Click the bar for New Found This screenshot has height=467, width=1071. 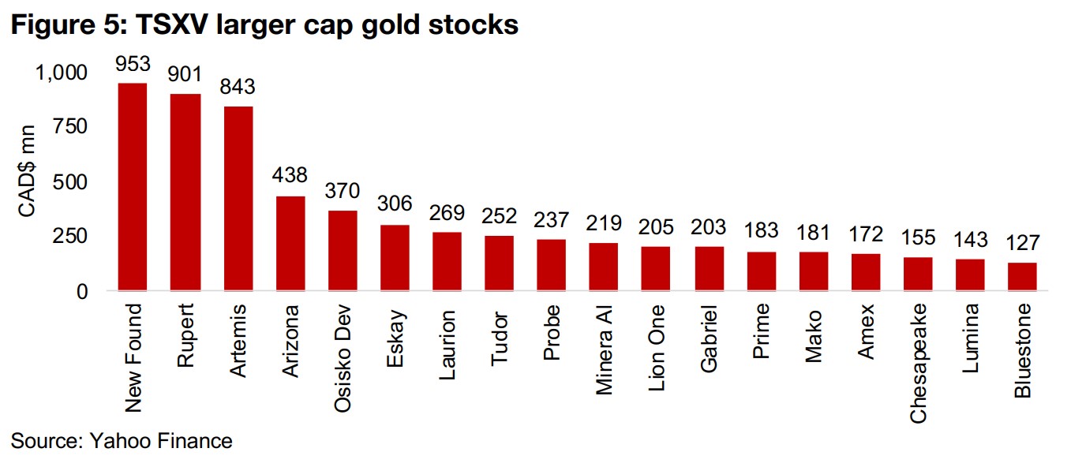pos(133,187)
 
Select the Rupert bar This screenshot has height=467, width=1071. pos(185,192)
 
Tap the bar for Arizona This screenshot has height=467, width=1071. pos(290,243)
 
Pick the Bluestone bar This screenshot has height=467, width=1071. pos(1022,276)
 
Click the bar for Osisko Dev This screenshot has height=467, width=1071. pos(343,250)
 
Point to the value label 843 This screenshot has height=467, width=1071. pos(238,87)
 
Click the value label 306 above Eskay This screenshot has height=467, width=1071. pos(395,204)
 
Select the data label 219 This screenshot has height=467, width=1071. pos(604,223)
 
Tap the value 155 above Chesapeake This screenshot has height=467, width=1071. pos(918,237)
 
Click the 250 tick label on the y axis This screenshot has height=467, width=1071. pos(69,237)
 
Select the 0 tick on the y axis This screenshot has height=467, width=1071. pos(82,292)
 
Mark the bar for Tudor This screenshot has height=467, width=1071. pos(500,263)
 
